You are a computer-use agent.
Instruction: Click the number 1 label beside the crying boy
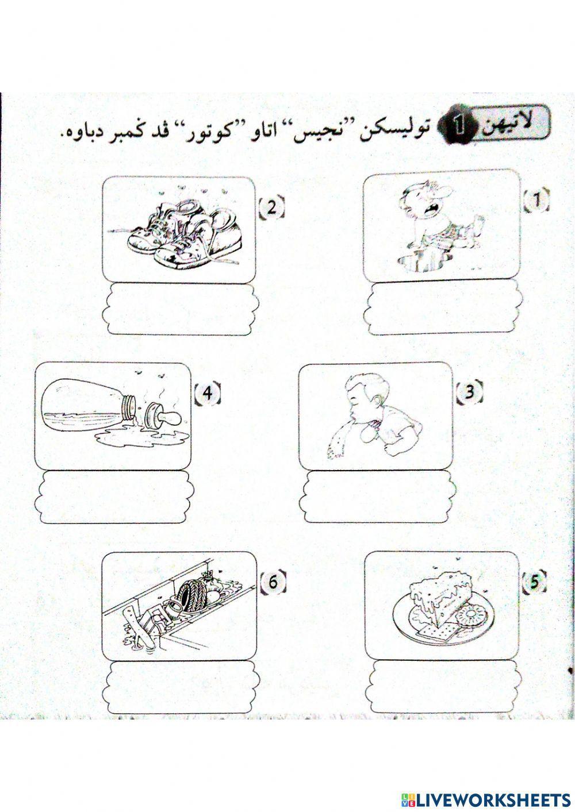[536, 200]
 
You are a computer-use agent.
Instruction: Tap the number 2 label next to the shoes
[272, 207]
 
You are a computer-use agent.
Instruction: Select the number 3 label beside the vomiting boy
[469, 392]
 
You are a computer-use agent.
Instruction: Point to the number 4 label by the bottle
[208, 393]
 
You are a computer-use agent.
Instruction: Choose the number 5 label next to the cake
[535, 583]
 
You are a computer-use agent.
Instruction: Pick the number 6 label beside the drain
[273, 583]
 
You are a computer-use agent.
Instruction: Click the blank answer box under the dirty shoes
[181, 309]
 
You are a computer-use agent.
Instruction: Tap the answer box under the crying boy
[442, 308]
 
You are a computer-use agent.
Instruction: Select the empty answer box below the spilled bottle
[113, 497]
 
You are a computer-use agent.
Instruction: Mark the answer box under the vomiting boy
[377, 497]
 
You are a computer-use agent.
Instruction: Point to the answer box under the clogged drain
[181, 687]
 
